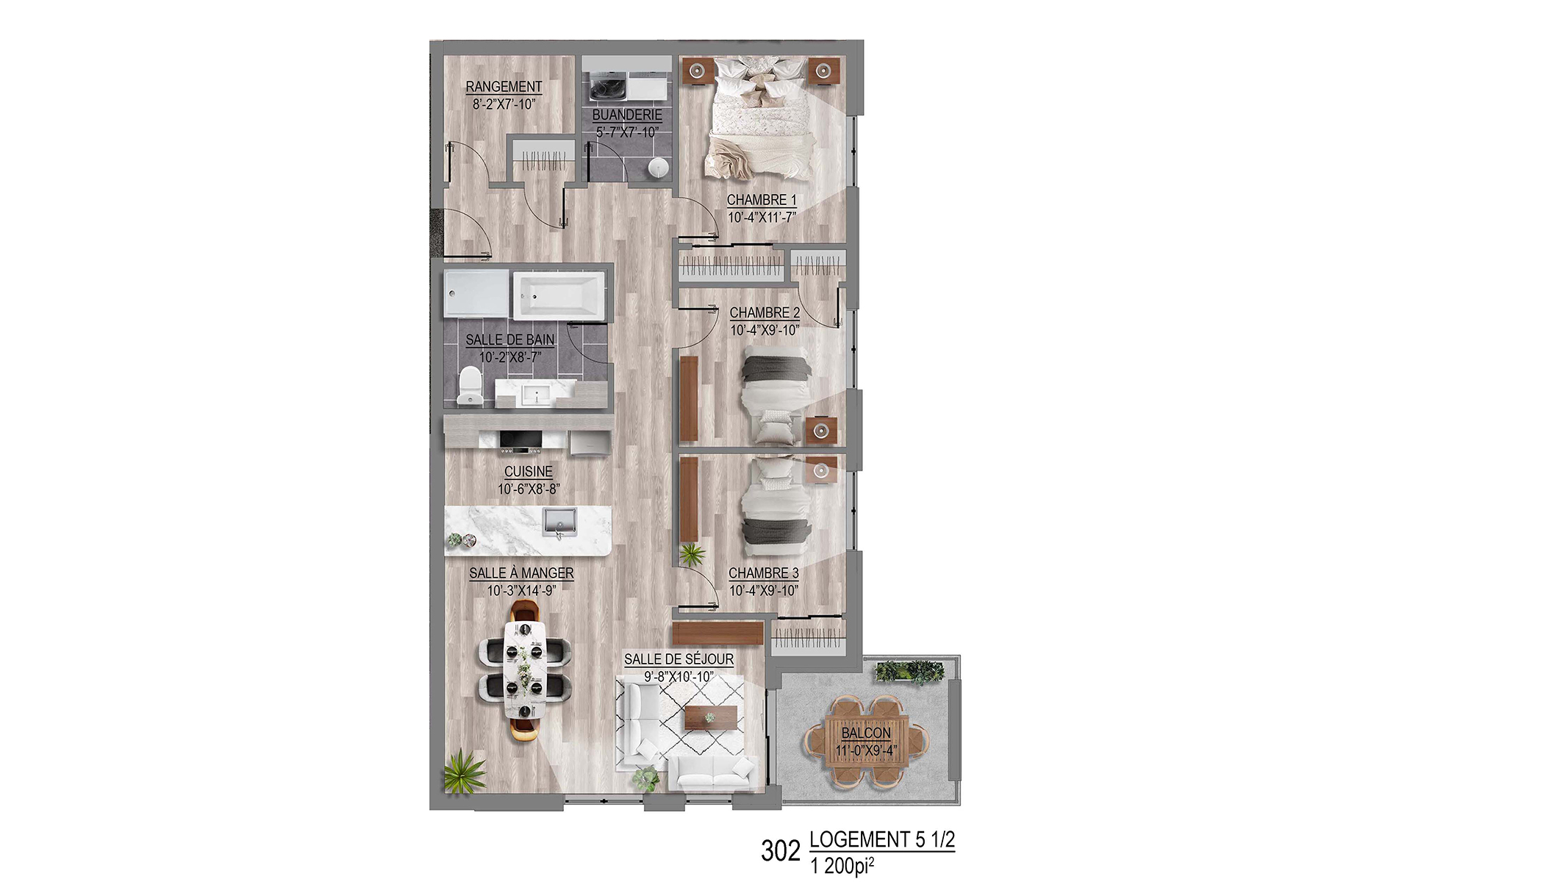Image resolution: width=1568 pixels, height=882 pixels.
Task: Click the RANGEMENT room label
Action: click(x=504, y=87)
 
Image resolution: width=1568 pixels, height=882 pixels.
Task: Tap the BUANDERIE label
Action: click(x=627, y=115)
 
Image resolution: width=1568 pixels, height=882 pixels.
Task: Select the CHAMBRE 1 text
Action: click(x=762, y=200)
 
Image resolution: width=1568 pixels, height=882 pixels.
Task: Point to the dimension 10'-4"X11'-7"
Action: click(x=762, y=218)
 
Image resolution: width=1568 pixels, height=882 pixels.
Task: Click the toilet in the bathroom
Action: click(x=470, y=386)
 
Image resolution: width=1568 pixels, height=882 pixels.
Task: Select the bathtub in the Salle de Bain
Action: click(x=559, y=296)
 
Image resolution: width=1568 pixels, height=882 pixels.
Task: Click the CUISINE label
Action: click(x=528, y=472)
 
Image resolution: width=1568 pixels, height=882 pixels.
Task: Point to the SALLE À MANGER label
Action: click(x=521, y=573)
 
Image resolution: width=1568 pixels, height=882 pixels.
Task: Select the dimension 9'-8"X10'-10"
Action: click(x=679, y=677)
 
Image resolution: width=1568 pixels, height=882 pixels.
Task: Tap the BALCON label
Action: click(x=866, y=734)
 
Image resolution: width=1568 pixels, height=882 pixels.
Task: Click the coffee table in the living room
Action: click(x=711, y=718)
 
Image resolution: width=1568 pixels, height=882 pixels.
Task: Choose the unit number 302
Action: click(x=780, y=850)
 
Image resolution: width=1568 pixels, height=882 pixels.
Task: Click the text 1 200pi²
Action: click(x=842, y=866)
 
